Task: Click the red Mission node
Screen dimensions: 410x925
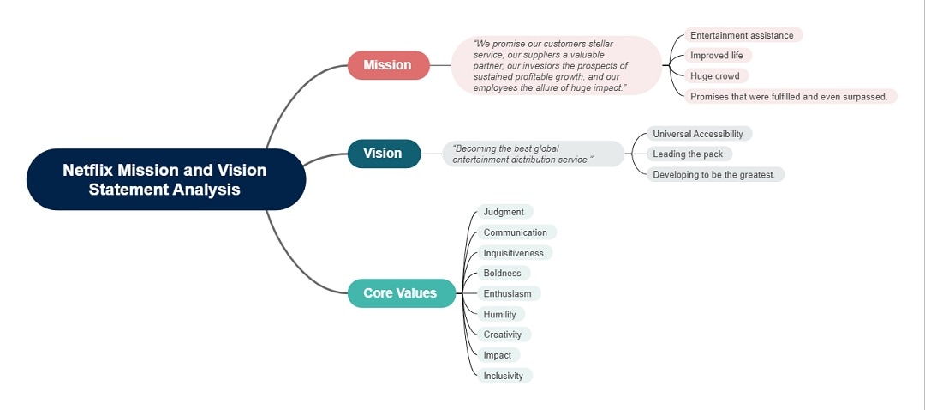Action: coord(388,65)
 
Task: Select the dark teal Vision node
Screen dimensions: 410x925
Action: coord(384,154)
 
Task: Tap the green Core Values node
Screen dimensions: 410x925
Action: coord(401,293)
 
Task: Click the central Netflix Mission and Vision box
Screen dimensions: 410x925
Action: coord(165,179)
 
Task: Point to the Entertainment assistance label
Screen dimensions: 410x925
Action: coord(743,35)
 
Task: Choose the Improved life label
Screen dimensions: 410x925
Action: coord(718,56)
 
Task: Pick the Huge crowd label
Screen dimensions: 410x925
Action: coord(714,76)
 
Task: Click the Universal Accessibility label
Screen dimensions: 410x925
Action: coord(699,134)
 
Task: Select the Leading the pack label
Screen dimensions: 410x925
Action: coord(689,154)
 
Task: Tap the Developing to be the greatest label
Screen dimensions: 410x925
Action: coord(714,175)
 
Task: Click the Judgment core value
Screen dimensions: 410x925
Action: coord(504,212)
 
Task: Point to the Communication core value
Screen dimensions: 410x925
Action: coord(516,232)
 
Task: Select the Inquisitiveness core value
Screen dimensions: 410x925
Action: coord(514,253)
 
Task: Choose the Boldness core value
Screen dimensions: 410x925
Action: coord(503,274)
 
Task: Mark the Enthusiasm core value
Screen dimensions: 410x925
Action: coord(508,294)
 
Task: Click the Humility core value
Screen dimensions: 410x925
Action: coord(500,315)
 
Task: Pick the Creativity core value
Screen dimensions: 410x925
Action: coord(503,335)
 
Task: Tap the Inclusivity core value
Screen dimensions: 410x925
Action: coord(504,376)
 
